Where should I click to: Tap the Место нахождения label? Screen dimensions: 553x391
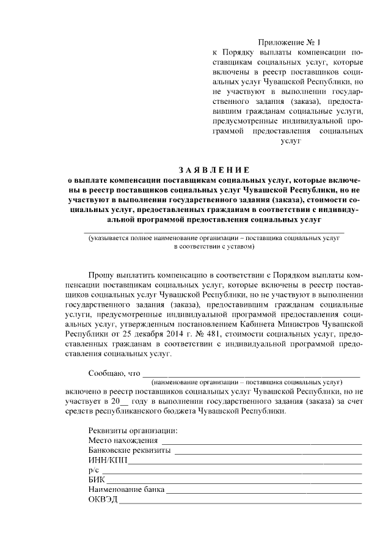(123, 440)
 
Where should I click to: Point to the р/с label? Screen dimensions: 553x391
(93, 472)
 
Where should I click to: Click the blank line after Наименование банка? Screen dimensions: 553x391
(264, 493)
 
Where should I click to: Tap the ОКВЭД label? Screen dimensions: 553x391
(102, 502)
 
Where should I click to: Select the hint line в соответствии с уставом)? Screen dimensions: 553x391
(214, 247)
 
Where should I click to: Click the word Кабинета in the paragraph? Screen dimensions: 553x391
(265, 324)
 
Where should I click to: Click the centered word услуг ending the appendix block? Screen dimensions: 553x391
(290, 141)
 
